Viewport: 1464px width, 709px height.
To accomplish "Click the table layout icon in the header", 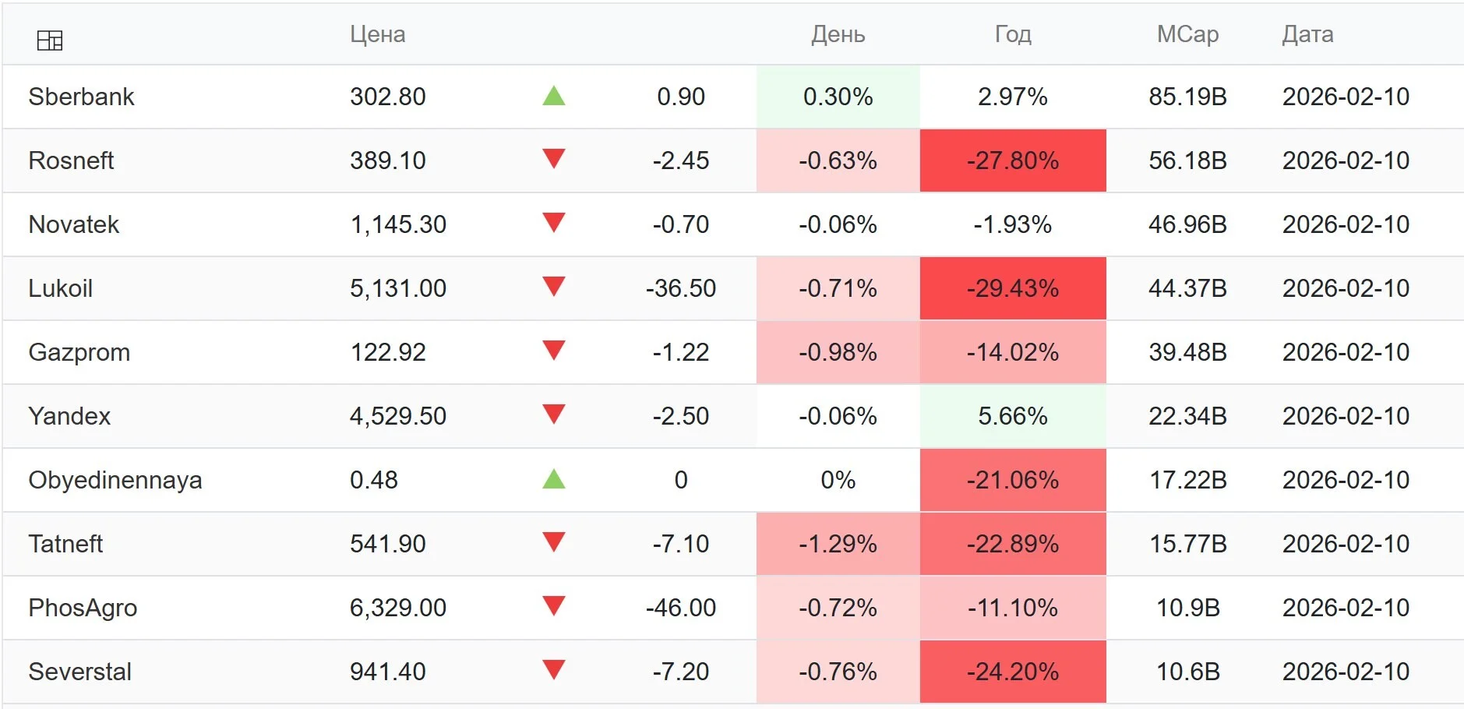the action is tap(50, 40).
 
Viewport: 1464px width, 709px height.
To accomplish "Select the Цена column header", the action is tap(377, 34).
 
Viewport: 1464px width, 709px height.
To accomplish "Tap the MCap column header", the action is tap(1187, 34).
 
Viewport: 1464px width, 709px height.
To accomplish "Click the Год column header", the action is tap(1013, 34).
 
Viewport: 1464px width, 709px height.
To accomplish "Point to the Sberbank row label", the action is tap(81, 97).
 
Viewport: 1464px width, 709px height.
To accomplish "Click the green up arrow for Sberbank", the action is tap(554, 96).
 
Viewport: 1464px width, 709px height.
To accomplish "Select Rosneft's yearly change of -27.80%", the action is tap(1013, 160).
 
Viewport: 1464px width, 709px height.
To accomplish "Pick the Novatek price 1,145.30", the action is tap(398, 224).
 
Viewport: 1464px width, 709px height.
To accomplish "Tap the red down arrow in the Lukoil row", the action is tap(554, 287).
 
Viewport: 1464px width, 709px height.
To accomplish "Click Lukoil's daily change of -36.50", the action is tap(681, 288).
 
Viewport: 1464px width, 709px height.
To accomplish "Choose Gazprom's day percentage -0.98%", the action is tap(838, 352).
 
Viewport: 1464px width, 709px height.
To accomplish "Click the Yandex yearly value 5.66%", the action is tap(1013, 416).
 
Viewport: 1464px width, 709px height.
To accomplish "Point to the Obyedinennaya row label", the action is tap(115, 480).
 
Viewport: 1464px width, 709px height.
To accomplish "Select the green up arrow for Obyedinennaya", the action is tap(554, 478).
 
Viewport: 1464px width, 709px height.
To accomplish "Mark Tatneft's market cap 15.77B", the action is tap(1188, 544).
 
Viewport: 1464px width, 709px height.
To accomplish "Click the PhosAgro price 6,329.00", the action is tap(398, 608).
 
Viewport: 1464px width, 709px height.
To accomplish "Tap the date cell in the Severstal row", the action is tap(1346, 672).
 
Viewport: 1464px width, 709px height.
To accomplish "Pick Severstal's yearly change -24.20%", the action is tap(1013, 672).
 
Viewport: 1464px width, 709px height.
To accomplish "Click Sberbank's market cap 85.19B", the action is tap(1188, 97).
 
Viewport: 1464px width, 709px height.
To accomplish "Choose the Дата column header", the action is tap(1307, 34).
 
